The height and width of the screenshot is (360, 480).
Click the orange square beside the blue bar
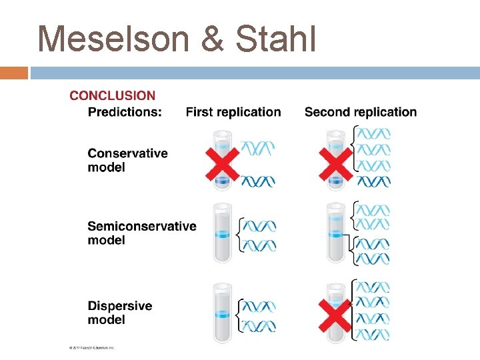click(13, 73)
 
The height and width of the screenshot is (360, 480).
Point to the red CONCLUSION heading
click(112, 95)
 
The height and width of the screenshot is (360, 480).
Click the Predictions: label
click(125, 112)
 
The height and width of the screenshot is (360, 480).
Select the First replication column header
click(233, 112)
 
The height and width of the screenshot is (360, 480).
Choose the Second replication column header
click(360, 112)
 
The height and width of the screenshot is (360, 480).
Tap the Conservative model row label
click(127, 160)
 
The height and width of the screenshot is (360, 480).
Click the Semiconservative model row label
click(141, 233)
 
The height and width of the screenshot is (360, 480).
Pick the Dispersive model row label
click(120, 313)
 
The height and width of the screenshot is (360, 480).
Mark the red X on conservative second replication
click(335, 163)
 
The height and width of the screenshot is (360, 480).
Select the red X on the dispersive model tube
click(335, 313)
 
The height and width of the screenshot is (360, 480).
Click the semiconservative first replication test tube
click(222, 233)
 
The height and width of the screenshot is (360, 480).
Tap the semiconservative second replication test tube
click(335, 233)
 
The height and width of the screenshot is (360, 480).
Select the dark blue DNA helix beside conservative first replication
click(257, 181)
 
